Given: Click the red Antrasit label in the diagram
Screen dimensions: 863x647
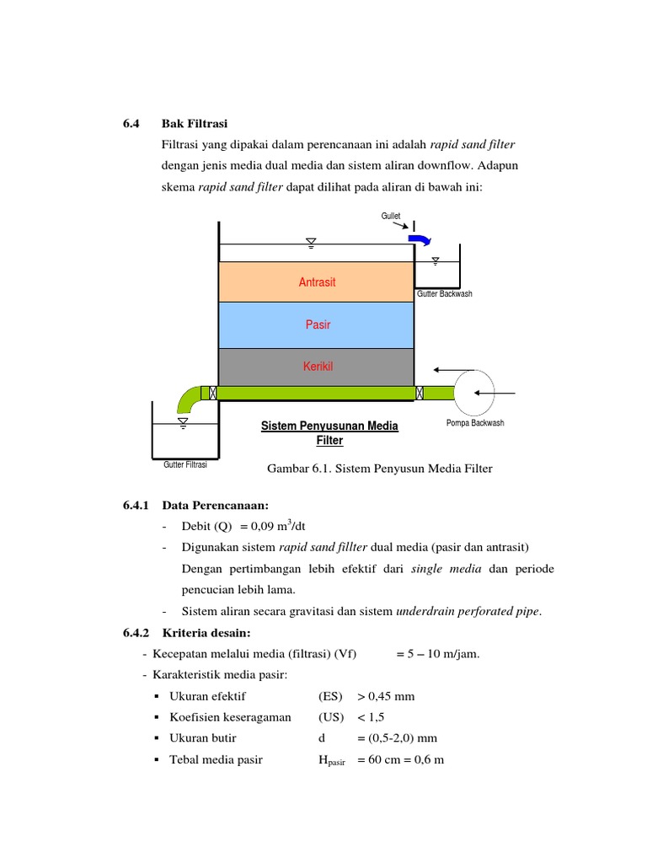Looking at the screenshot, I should [x=317, y=282].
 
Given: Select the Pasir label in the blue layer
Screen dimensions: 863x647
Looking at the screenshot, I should [x=317, y=324].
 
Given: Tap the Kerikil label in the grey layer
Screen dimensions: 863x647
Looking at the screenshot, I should [x=317, y=367].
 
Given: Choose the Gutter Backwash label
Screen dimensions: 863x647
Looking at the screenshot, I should [x=445, y=294].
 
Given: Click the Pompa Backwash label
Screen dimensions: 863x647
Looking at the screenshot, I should [x=475, y=423].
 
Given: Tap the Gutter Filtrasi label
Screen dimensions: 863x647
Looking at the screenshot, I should [x=185, y=464].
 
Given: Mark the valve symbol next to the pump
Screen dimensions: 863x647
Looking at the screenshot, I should [x=419, y=393].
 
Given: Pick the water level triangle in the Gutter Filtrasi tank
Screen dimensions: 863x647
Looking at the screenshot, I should [x=183, y=420].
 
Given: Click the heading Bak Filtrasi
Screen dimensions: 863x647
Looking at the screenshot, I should [x=195, y=124].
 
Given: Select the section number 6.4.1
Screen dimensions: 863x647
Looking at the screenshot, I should [x=135, y=506].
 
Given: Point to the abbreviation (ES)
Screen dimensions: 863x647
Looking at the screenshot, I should [x=330, y=696].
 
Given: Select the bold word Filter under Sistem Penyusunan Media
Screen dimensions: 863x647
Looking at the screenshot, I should [x=330, y=441].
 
